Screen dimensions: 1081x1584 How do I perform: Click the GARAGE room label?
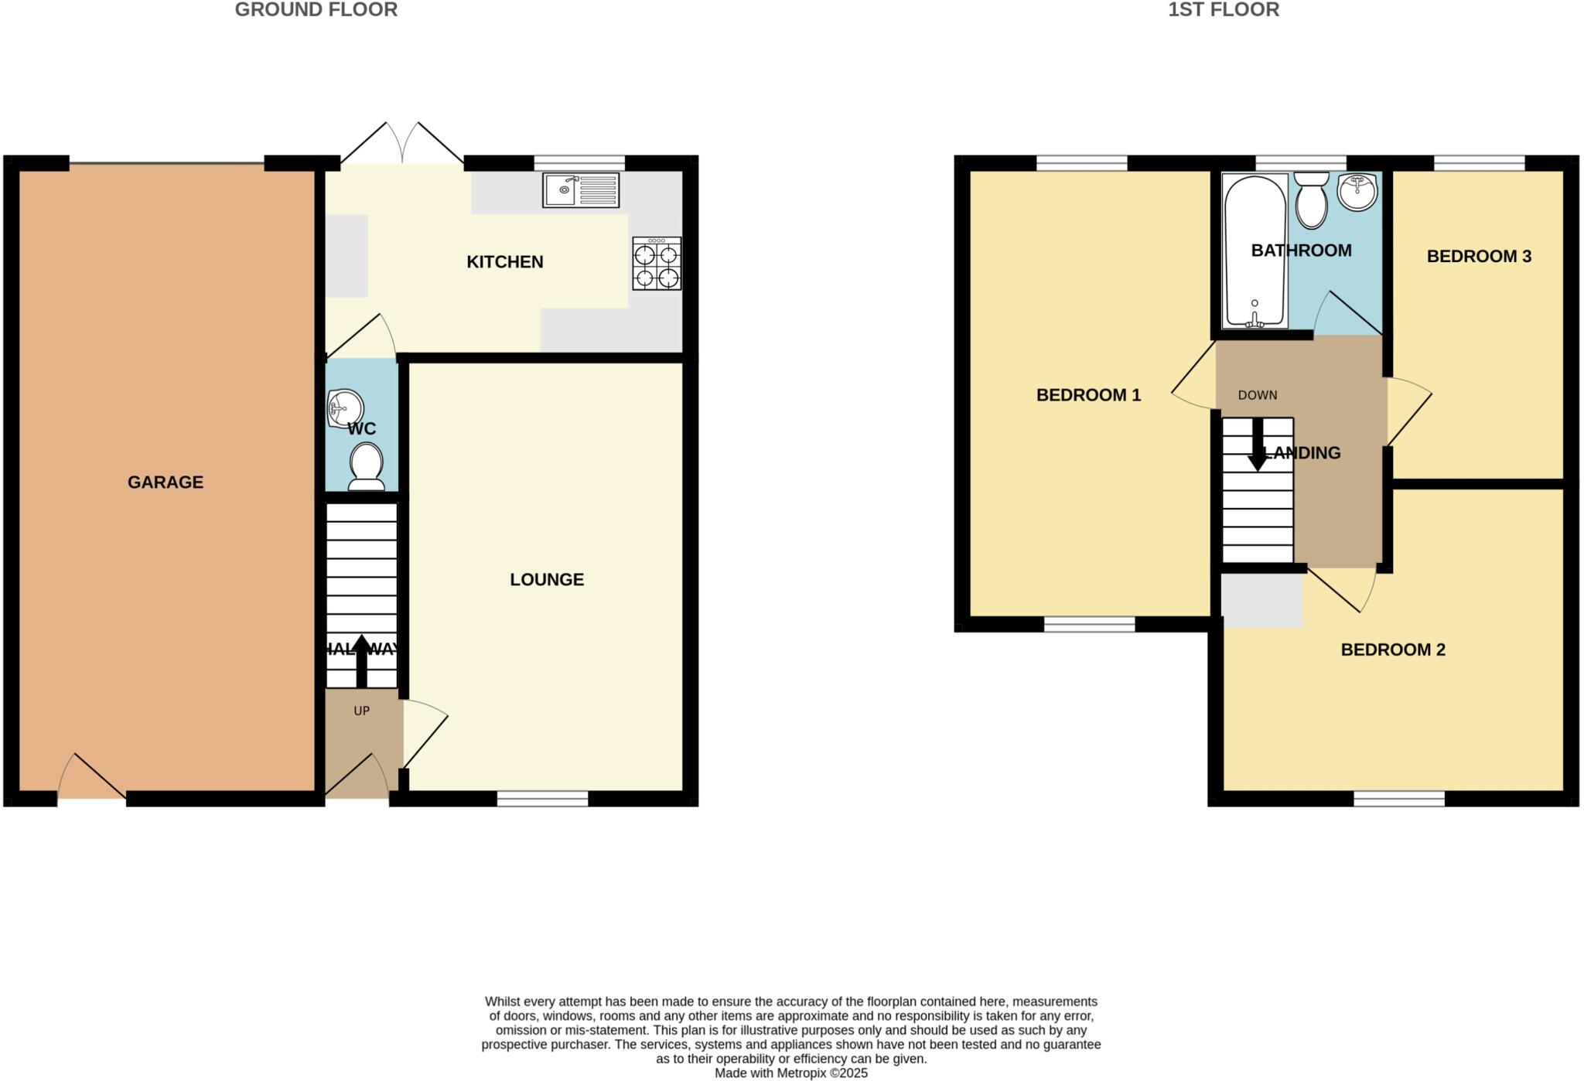point(165,483)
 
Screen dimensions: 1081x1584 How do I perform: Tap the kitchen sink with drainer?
point(581,190)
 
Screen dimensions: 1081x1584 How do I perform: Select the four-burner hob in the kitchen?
point(657,264)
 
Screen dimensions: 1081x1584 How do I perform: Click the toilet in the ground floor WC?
point(367,467)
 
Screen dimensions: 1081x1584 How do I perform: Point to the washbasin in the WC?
point(344,408)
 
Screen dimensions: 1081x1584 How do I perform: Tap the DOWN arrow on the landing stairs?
point(1258,445)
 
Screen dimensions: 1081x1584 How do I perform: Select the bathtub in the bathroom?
point(1255,251)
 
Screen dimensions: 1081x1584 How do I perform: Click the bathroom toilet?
point(1312,200)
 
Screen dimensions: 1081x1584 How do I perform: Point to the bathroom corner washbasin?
point(1358,191)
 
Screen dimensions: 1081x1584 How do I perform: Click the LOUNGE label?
point(547,580)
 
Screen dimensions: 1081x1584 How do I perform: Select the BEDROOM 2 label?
point(1393,650)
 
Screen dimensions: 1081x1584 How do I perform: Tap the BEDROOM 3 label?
point(1479,257)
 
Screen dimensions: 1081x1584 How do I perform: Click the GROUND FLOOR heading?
point(316,10)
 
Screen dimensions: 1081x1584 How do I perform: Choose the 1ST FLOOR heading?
point(1224,10)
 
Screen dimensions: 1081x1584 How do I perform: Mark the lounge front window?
point(542,799)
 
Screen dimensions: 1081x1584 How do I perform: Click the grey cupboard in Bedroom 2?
point(1262,601)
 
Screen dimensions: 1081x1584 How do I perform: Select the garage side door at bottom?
point(92,781)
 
